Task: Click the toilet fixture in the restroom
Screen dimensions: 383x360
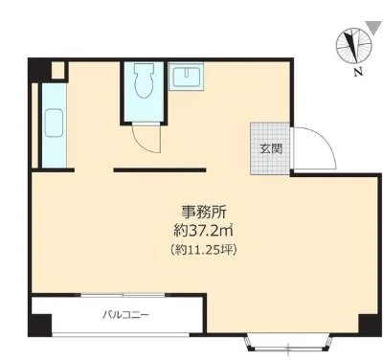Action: [x=144, y=80]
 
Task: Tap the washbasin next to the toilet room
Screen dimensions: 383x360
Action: [x=187, y=76]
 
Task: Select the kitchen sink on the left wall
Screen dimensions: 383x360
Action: [x=54, y=123]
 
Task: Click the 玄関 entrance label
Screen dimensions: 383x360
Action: [x=271, y=148]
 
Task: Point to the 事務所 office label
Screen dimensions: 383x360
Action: [x=204, y=212]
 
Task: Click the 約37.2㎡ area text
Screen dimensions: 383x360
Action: [x=203, y=231]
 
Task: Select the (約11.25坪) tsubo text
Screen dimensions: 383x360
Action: [x=204, y=250]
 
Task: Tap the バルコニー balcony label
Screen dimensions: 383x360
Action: [x=125, y=315]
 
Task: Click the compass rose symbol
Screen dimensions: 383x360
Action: [x=354, y=45]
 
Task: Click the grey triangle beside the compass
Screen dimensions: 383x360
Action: [x=374, y=28]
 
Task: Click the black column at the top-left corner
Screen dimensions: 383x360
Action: [x=39, y=70]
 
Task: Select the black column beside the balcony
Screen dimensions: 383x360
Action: [x=39, y=326]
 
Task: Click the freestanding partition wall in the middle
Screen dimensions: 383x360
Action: [x=160, y=170]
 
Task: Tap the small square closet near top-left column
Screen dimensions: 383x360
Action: [x=57, y=70]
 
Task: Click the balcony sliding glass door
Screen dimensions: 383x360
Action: [x=123, y=295]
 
